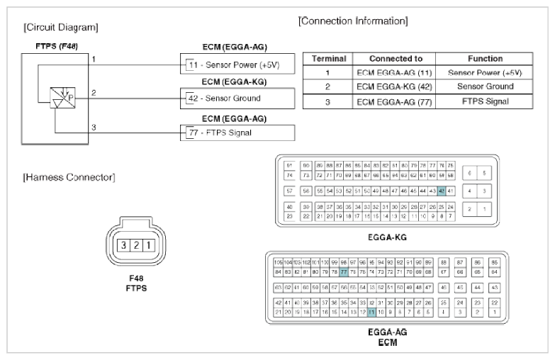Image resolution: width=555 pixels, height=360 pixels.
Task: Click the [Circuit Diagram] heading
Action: pos(60,28)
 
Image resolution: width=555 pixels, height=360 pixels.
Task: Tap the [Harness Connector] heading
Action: pos(66,176)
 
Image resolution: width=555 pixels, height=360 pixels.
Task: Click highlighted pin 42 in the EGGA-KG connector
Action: pos(442,191)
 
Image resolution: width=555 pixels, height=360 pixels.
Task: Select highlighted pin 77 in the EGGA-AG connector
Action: pos(343,271)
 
